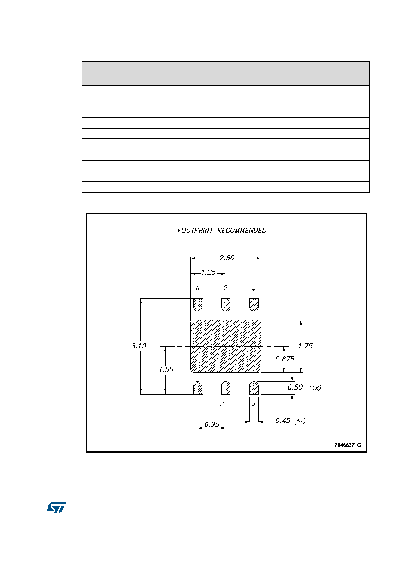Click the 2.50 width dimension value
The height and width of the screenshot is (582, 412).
(x=227, y=258)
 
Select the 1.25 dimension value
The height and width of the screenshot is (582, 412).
(x=208, y=272)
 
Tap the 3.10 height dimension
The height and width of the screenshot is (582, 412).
(x=139, y=346)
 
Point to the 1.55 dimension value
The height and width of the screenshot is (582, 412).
(x=166, y=370)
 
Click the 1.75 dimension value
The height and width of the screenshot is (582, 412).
(x=305, y=346)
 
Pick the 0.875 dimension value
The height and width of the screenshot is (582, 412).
(x=285, y=359)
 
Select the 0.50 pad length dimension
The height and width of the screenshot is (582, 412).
(x=295, y=387)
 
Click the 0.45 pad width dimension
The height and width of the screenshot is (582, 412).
(x=283, y=420)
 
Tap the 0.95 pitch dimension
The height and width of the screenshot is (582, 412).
(x=212, y=424)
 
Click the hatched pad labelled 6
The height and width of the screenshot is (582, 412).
(x=198, y=304)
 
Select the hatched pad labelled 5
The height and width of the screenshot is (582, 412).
(x=226, y=304)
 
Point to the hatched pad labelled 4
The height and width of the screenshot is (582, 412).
(x=254, y=304)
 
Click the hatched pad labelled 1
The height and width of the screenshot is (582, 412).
(x=198, y=388)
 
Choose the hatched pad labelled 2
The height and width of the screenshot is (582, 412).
(x=226, y=388)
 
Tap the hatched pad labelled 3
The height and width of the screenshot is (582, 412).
(x=254, y=388)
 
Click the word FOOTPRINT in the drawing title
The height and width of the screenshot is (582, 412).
(x=195, y=230)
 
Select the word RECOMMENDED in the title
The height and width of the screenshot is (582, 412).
(x=242, y=230)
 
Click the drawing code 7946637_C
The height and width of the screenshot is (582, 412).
(x=348, y=445)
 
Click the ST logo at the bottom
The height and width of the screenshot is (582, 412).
(x=56, y=507)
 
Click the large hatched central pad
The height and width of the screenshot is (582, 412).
(x=226, y=346)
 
